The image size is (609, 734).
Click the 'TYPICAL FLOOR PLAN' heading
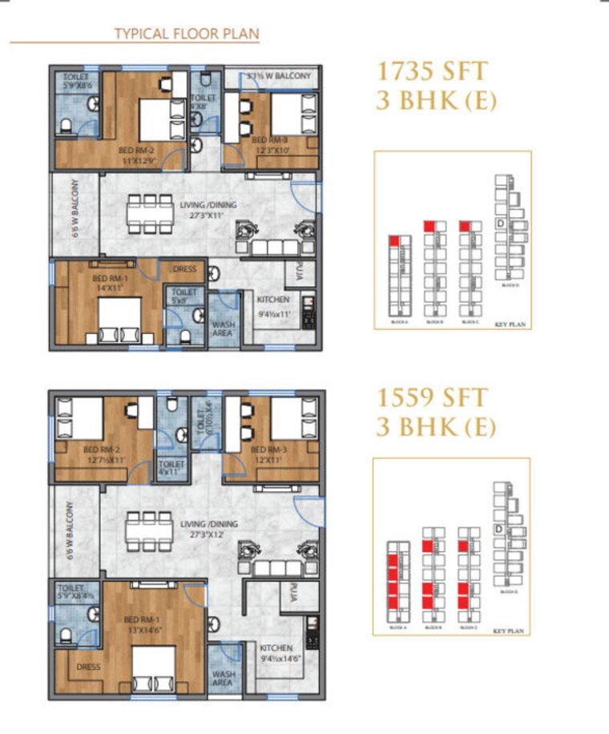pyautogui.click(x=187, y=34)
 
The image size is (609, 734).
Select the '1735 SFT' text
pyautogui.click(x=431, y=71)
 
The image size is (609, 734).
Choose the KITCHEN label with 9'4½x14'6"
pyautogui.click(x=276, y=652)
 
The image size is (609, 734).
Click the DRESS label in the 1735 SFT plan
pyautogui.click(x=184, y=269)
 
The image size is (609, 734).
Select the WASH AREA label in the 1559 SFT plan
pyautogui.click(x=223, y=679)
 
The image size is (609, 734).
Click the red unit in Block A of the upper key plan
pyautogui.click(x=393, y=240)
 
